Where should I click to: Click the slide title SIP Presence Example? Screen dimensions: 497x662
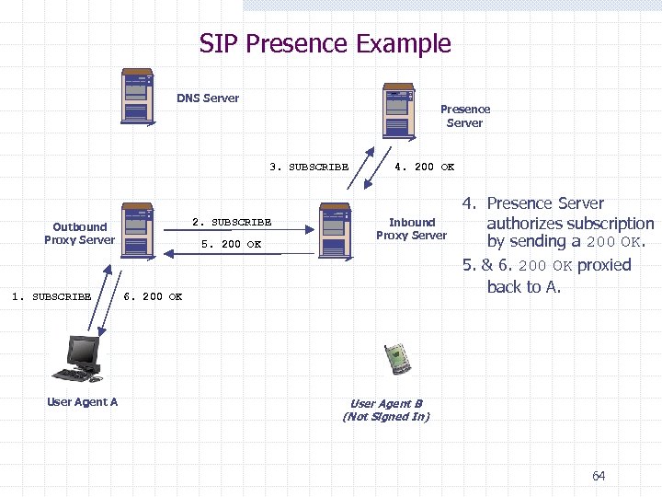click(x=325, y=43)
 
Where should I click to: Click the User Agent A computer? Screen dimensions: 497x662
click(x=79, y=359)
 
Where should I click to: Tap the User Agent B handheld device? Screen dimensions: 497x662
click(x=395, y=356)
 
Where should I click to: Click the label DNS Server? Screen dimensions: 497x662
click(x=208, y=98)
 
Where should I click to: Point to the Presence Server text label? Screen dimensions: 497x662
click(x=464, y=116)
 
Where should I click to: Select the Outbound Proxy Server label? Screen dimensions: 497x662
click(x=79, y=234)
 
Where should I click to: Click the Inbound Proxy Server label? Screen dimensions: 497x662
click(x=411, y=228)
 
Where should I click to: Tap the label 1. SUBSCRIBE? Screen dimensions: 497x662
click(x=51, y=296)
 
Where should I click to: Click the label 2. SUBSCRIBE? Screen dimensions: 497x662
click(x=231, y=222)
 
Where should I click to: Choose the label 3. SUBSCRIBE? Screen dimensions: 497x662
click(x=309, y=168)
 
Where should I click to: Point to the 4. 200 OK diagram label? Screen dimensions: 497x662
click(x=424, y=168)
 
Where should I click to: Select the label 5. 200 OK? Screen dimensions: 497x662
click(x=231, y=245)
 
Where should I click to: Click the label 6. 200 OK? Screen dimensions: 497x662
click(x=153, y=296)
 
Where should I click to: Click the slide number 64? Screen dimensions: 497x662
click(x=599, y=476)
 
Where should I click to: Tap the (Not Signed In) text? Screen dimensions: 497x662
click(x=386, y=417)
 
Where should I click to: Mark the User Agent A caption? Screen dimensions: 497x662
click(x=82, y=402)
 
